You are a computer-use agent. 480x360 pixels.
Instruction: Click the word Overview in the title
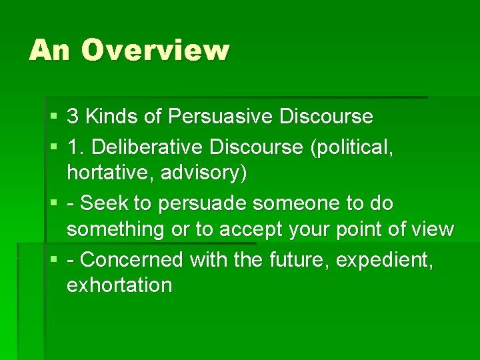point(155,51)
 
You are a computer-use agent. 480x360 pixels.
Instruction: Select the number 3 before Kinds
point(73,117)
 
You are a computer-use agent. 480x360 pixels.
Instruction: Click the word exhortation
point(119,285)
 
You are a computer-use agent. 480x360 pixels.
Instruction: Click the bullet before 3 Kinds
point(53,117)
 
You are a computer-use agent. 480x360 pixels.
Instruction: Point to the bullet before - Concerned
point(53,259)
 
